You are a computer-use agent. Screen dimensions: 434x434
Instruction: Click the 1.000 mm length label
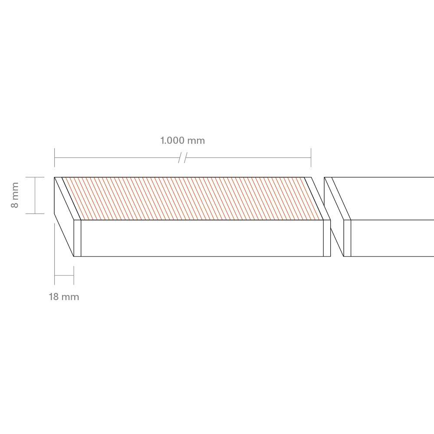[183, 141]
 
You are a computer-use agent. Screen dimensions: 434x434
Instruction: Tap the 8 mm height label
[15, 195]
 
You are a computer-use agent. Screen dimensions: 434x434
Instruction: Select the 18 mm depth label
[64, 297]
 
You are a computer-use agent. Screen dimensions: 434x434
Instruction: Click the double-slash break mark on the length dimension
[183, 158]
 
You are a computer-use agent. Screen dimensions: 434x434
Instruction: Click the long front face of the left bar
[202, 238]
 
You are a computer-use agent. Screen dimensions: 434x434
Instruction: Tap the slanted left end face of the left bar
[64, 217]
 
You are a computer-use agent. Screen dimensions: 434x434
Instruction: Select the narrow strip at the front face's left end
[78, 238]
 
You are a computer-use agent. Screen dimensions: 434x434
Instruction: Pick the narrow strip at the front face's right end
[327, 238]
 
